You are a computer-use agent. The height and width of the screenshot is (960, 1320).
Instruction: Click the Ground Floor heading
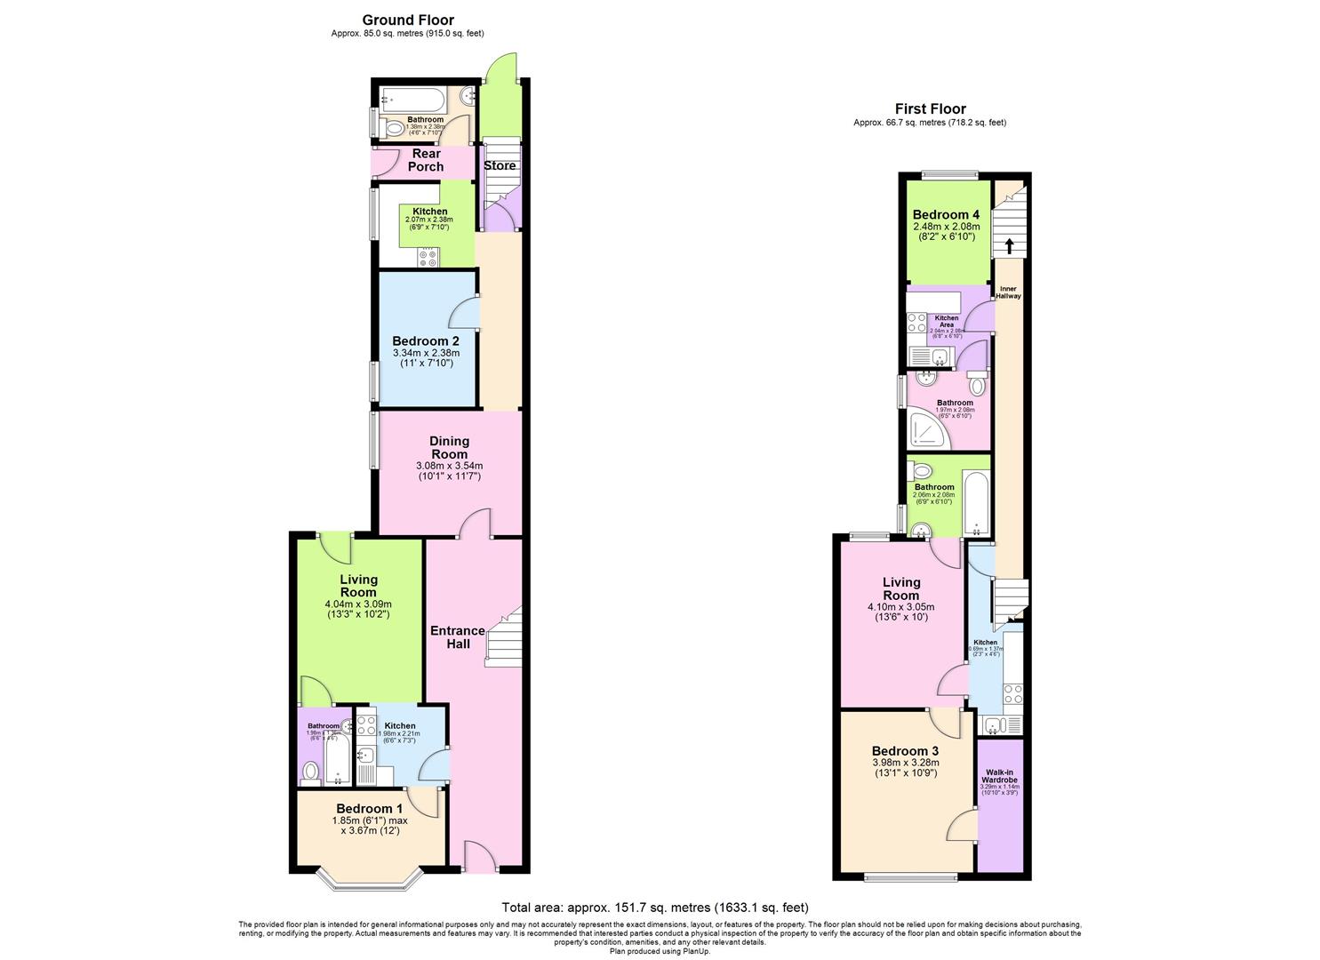[x=408, y=20]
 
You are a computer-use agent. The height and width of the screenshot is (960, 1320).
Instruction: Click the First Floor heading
[x=930, y=109]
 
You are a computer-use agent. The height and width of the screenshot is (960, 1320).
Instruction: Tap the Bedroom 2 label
[x=426, y=341]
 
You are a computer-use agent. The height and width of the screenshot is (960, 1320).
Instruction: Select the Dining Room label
[x=449, y=447]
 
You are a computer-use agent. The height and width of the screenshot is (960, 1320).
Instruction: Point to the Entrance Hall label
[x=458, y=636]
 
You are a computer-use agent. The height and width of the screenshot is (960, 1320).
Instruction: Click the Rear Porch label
[x=426, y=160]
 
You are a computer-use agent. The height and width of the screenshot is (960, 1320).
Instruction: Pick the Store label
[x=500, y=165]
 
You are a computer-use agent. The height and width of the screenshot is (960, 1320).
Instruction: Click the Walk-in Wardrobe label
[x=1000, y=776]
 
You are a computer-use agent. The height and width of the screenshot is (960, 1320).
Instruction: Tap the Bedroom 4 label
[x=946, y=215]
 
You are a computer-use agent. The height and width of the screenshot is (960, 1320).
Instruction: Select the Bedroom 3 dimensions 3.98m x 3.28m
[x=905, y=762]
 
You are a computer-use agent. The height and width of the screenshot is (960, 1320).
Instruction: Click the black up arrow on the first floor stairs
[x=1009, y=245]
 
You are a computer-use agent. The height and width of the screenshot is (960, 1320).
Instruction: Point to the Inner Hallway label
[x=1008, y=292]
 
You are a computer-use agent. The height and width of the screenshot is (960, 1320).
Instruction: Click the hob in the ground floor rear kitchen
[x=428, y=257]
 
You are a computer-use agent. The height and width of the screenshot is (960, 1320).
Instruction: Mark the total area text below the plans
[x=655, y=908]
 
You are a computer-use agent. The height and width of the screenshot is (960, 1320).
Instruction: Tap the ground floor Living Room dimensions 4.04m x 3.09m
[x=357, y=604]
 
